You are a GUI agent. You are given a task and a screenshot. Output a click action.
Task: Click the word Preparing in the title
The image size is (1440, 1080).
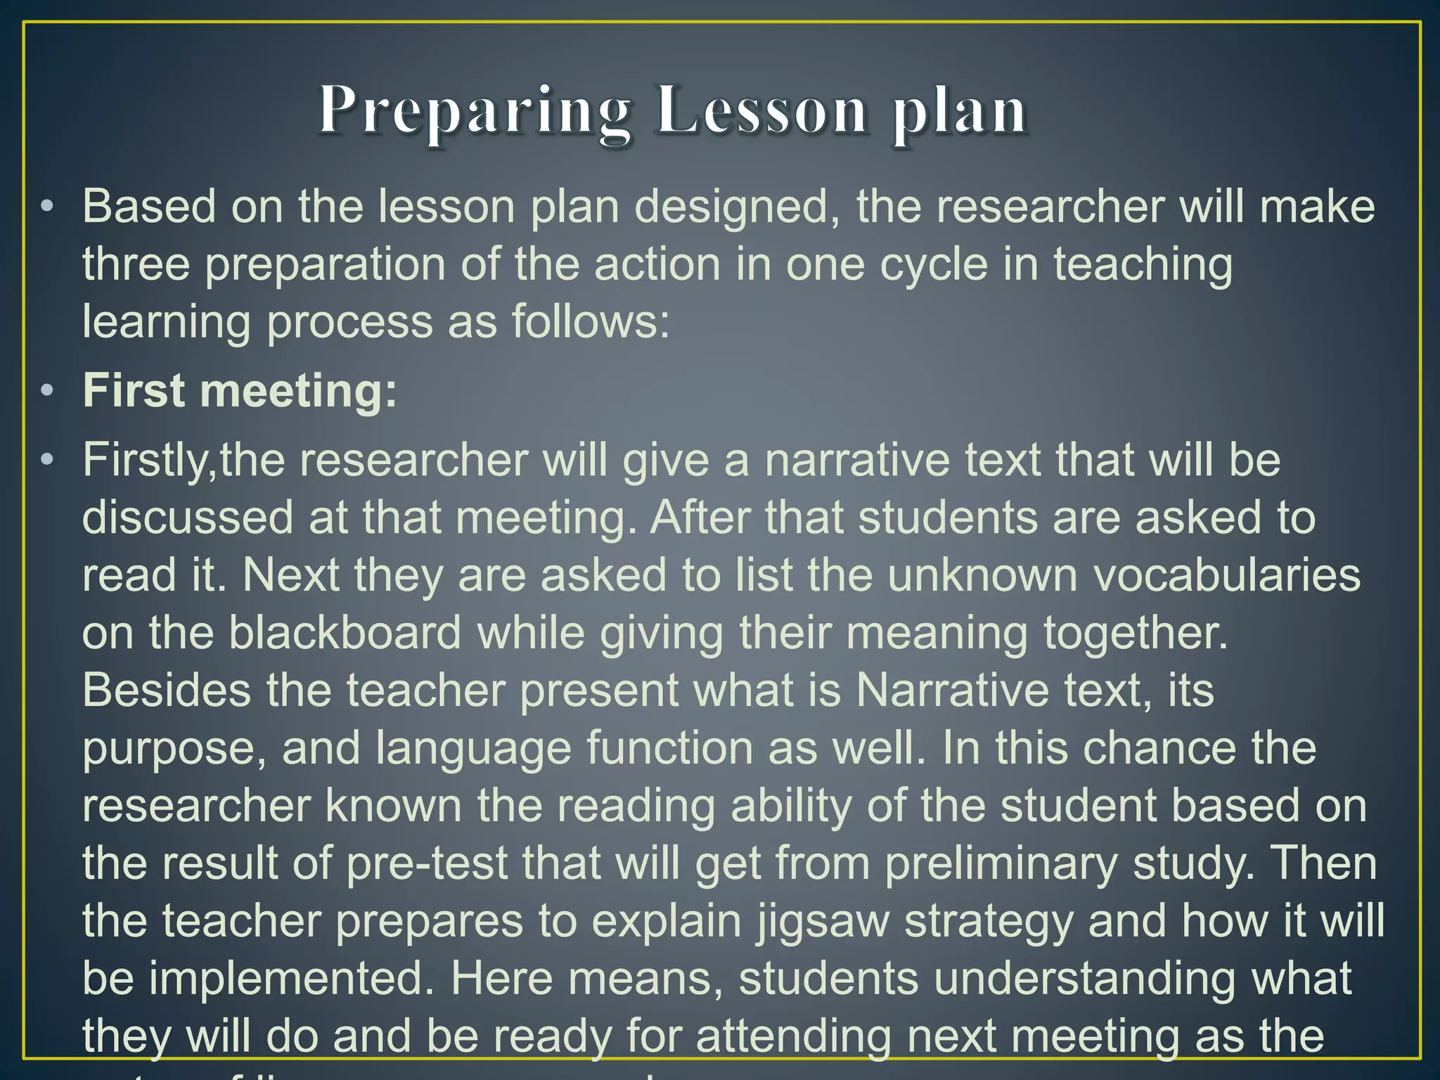click(x=475, y=111)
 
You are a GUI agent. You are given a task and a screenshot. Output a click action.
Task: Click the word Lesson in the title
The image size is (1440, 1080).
click(x=762, y=111)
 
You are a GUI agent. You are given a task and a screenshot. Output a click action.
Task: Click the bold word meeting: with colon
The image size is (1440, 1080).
click(x=299, y=392)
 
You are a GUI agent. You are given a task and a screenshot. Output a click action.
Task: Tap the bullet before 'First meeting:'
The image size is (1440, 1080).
click(x=47, y=391)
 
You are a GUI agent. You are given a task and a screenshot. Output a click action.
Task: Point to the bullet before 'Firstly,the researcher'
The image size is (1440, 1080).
click(x=47, y=460)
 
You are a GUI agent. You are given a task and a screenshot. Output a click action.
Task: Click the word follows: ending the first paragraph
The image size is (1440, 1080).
click(x=590, y=322)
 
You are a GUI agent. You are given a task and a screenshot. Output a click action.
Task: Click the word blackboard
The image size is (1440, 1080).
click(x=345, y=633)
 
